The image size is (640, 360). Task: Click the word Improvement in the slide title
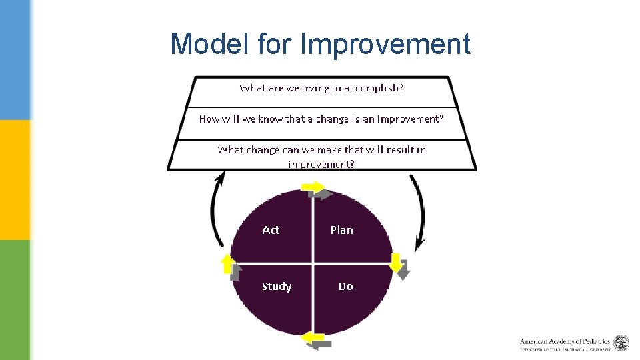point(385,45)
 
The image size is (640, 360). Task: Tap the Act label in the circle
point(271,230)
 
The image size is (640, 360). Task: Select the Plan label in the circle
point(341,230)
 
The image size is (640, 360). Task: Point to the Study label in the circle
point(276,287)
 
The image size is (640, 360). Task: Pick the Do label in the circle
point(345,287)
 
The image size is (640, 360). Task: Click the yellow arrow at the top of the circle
point(311,187)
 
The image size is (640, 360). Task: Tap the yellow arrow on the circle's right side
point(396,262)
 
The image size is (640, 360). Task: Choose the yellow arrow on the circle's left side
point(227,263)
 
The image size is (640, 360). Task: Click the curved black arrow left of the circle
point(215,210)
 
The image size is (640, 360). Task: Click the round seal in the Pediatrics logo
point(621,343)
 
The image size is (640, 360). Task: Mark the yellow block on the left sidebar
point(15,180)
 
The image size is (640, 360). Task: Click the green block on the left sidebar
point(15,300)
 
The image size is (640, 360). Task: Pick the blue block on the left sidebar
point(15,60)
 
